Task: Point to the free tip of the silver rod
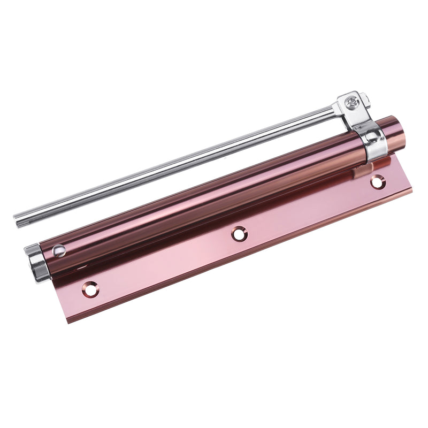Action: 18,219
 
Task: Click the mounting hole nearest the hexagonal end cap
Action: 91,289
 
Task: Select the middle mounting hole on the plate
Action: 239,232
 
